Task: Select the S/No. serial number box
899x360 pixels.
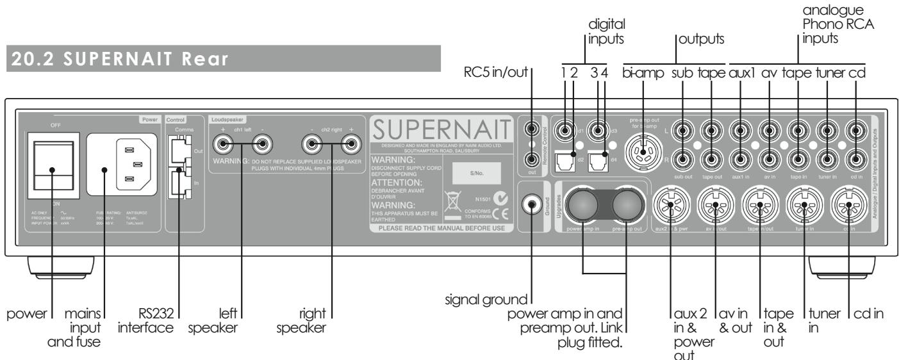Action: (x=475, y=172)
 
